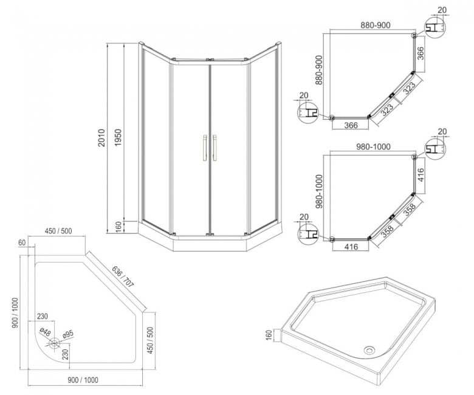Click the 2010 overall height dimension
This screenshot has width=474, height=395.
pyautogui.click(x=101, y=138)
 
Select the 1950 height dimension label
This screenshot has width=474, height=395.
pyautogui.click(x=118, y=138)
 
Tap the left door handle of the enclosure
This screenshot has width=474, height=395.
pyautogui.click(x=204, y=148)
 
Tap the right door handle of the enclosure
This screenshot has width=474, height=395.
pyautogui.click(x=215, y=148)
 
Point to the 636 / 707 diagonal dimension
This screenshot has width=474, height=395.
pyautogui.click(x=122, y=276)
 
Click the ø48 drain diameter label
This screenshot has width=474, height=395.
pyautogui.click(x=45, y=333)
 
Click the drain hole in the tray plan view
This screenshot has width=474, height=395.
pyautogui.click(x=55, y=343)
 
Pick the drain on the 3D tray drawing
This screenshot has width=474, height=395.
pyautogui.click(x=369, y=350)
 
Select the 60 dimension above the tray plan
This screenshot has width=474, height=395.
pyautogui.click(x=22, y=242)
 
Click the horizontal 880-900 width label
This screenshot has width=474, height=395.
pyautogui.click(x=376, y=25)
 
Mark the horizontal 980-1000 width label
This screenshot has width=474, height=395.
pyautogui.click(x=373, y=146)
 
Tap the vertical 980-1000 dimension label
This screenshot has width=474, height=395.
pyautogui.click(x=319, y=191)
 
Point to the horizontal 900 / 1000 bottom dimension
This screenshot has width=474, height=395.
pyautogui.click(x=83, y=380)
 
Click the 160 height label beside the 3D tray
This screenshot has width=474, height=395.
pyautogui.click(x=269, y=335)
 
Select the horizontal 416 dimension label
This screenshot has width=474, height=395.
pyautogui.click(x=351, y=247)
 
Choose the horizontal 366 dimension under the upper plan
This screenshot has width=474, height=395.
pyautogui.click(x=351, y=125)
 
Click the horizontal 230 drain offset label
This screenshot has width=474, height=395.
pyautogui.click(x=43, y=316)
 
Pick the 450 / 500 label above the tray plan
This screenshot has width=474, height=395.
pyautogui.click(x=58, y=231)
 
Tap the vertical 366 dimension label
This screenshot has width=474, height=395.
pyautogui.click(x=421, y=53)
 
